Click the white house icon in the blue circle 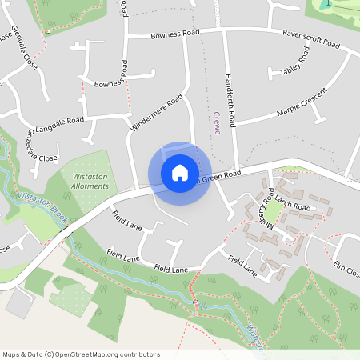(x=179, y=173)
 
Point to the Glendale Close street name (x=25, y=47)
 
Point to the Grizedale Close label (x=43, y=145)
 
